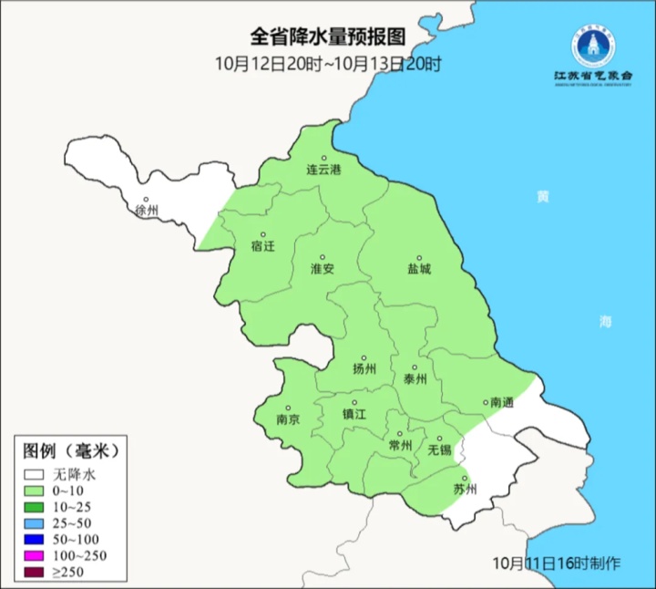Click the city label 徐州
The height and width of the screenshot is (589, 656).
[146, 211]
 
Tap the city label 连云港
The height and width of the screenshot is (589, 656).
[323, 170]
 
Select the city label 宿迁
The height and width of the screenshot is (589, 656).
[262, 246]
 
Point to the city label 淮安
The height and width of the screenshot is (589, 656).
[323, 269]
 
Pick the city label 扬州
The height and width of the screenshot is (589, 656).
[364, 369]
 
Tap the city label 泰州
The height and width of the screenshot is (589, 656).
[415, 379]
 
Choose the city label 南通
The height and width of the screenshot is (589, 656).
[502, 402]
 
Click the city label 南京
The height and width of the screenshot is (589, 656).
[288, 420]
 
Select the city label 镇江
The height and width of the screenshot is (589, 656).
[354, 413]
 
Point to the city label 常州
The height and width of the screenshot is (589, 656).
[400, 445]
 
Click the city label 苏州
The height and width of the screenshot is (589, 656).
[465, 490]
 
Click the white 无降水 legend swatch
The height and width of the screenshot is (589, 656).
[35, 475]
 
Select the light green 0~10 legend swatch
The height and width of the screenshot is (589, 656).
[35, 491]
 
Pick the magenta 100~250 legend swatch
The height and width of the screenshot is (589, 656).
[35, 556]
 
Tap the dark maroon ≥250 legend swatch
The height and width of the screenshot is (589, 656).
[35, 573]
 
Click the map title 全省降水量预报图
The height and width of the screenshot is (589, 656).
[327, 37]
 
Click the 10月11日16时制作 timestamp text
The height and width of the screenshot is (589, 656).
[555, 563]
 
